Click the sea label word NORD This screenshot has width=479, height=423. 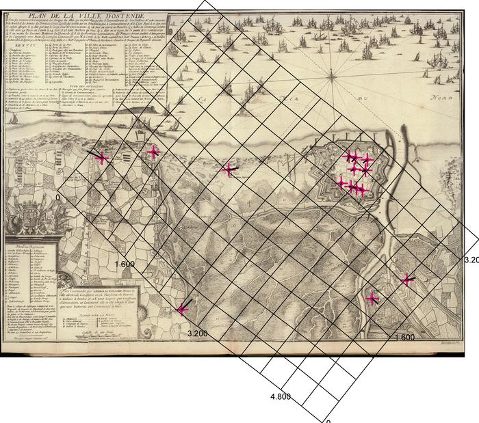(x=441, y=100)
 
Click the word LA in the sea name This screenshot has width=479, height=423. (x=203, y=100)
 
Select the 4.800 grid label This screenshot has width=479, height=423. (x=281, y=396)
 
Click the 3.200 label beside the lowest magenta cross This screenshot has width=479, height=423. (x=197, y=333)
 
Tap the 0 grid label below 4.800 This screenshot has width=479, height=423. (x=328, y=420)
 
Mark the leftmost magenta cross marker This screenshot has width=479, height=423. (x=102, y=158)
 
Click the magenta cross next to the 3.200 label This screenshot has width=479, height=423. (x=182, y=310)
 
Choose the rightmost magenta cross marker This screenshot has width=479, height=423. (x=408, y=279)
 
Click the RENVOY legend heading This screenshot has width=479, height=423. (x=21, y=44)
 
